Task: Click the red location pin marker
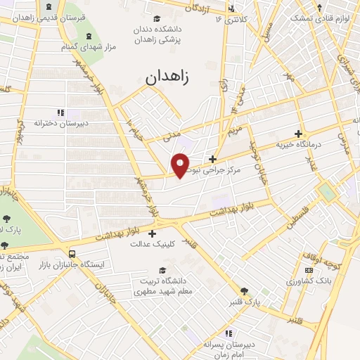[x=180, y=165]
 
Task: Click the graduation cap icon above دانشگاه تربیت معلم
[x=162, y=270]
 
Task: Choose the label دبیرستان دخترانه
[x=61, y=123]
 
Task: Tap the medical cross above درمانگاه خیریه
[x=299, y=133]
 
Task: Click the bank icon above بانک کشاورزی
[x=308, y=270]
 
